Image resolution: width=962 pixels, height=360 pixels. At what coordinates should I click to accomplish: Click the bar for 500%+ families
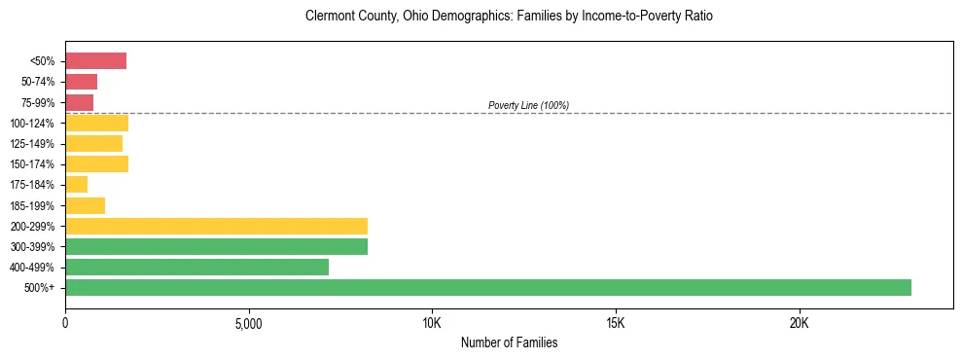click(x=487, y=287)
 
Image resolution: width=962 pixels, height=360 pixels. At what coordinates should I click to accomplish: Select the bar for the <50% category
click(x=95, y=61)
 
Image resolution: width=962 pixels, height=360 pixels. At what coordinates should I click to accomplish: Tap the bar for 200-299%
click(x=216, y=226)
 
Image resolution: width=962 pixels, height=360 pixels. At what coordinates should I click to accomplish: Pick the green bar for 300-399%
click(x=216, y=246)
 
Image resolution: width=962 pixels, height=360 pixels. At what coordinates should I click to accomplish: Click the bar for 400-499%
click(x=196, y=267)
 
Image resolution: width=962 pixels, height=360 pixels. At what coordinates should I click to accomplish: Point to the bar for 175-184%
click(x=76, y=185)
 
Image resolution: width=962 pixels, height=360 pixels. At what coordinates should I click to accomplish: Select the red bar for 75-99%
click(x=79, y=102)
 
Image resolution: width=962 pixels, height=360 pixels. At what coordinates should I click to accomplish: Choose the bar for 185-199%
click(x=85, y=205)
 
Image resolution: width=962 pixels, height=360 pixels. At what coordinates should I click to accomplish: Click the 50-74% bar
click(x=81, y=82)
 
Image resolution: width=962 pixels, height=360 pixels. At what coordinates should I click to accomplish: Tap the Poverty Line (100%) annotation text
click(x=528, y=105)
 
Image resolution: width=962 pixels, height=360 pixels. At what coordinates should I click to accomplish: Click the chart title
click(x=509, y=17)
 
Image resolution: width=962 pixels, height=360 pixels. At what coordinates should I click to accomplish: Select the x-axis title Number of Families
click(x=509, y=342)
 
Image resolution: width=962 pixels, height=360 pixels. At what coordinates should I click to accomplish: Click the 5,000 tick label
click(x=248, y=323)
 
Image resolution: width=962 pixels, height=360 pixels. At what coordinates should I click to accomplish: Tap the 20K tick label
click(x=799, y=323)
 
